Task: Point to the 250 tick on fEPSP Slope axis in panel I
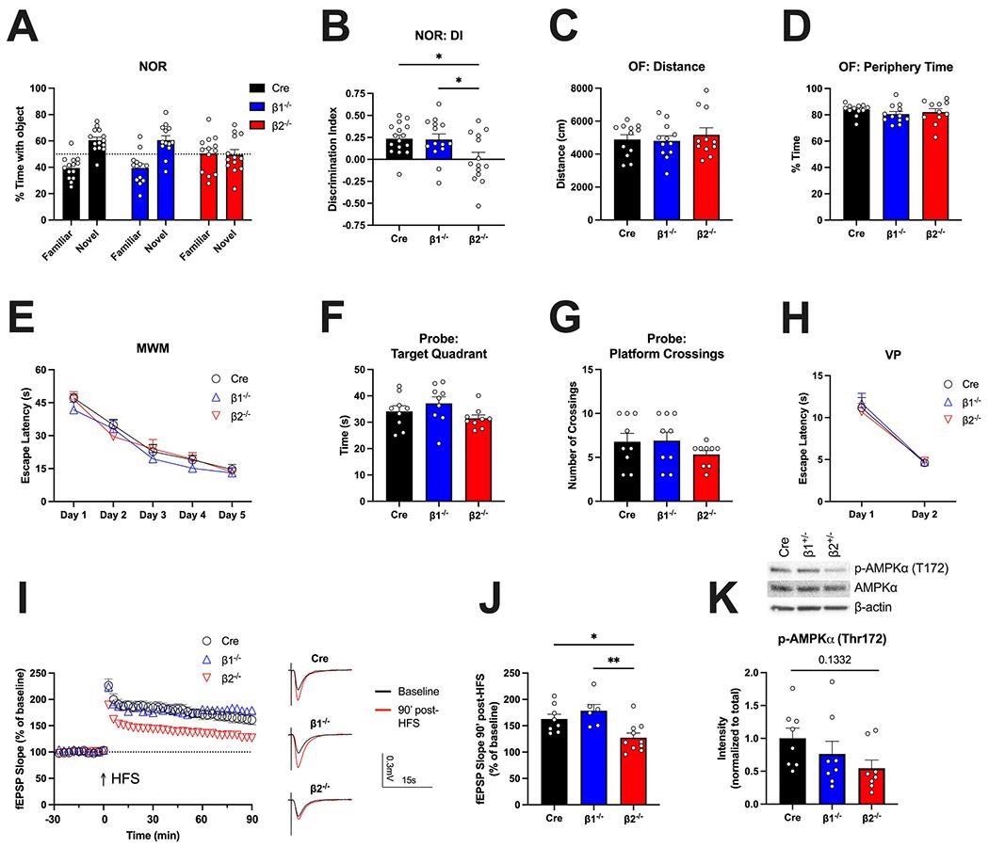(x=41, y=673)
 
